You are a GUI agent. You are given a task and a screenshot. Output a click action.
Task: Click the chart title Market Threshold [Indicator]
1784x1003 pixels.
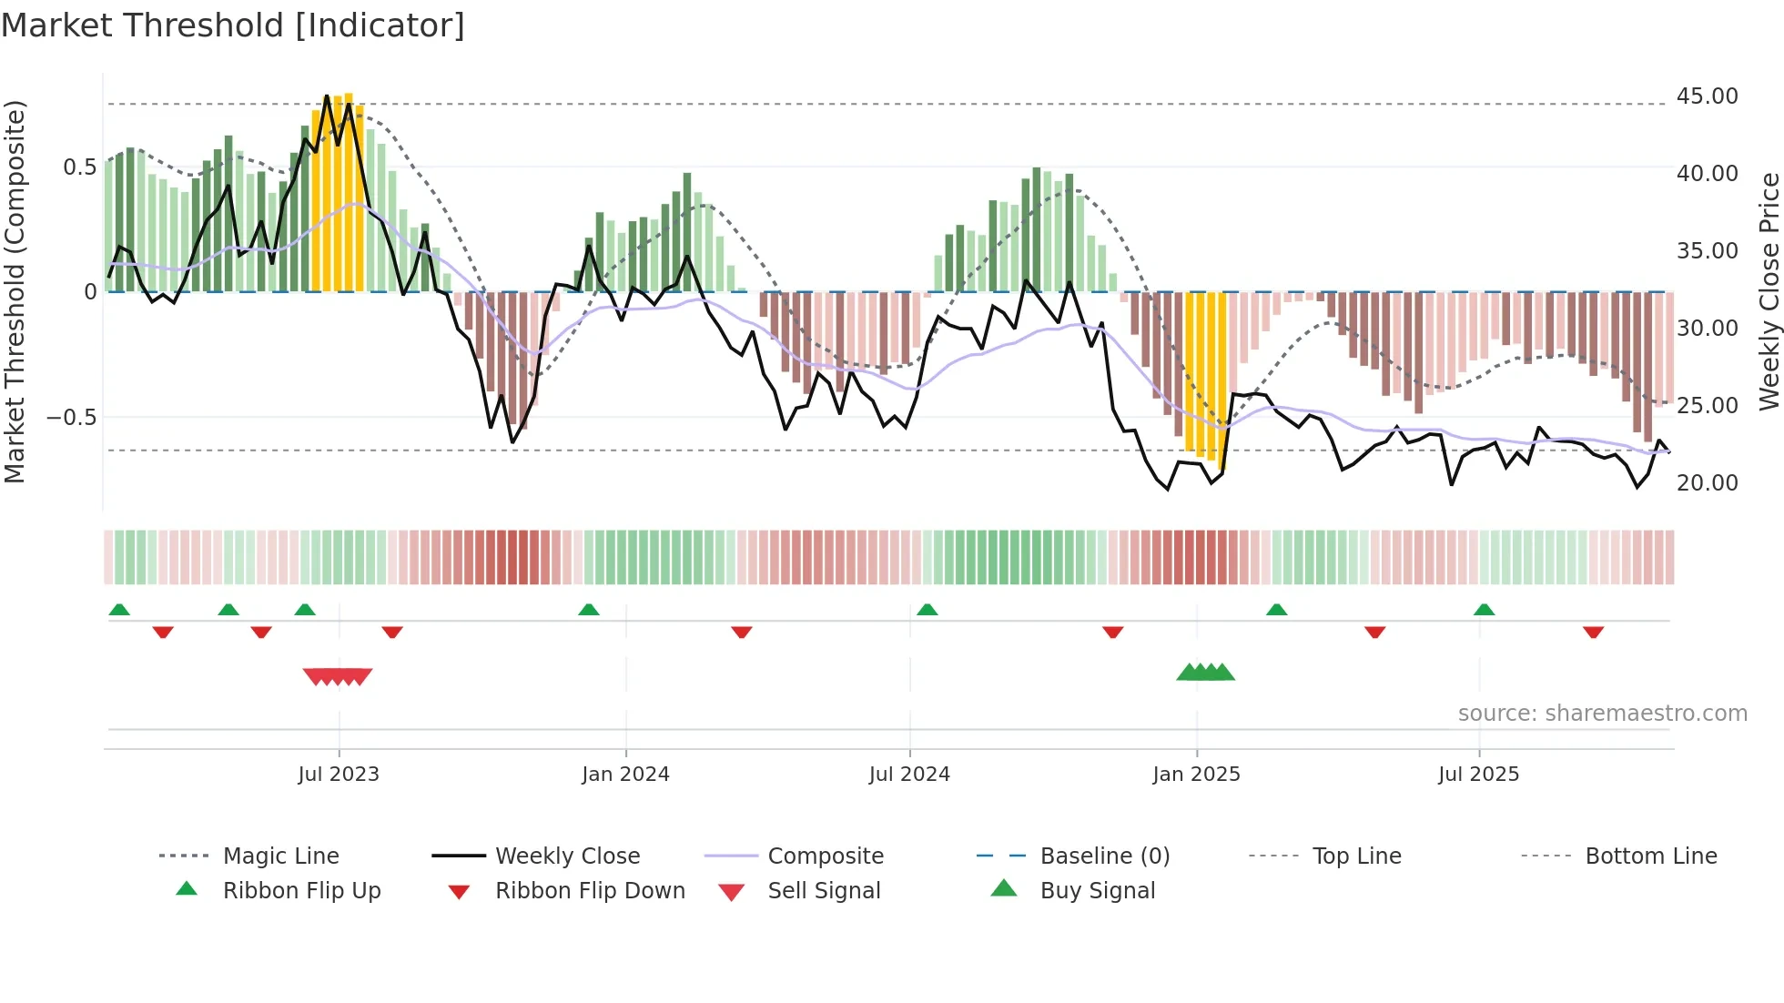pos(233,25)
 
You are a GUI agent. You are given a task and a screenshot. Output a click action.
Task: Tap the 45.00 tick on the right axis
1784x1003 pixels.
pos(1707,96)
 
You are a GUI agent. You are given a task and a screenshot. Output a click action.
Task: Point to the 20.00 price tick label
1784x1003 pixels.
pos(1707,483)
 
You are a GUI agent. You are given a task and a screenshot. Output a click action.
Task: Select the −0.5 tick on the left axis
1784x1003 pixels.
pos(71,418)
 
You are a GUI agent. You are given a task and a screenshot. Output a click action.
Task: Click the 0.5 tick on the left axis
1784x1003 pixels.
pos(79,167)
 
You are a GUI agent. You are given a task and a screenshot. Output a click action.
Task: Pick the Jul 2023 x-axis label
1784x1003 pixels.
pos(339,775)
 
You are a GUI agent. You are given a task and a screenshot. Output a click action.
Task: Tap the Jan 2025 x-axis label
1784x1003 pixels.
pos(1196,775)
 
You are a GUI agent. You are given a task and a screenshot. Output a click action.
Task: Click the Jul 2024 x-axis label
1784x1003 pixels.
pos(909,775)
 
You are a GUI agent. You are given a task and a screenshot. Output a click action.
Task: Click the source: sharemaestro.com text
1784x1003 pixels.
pos(1602,714)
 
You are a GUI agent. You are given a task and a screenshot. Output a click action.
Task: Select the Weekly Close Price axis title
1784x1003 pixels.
pos(1769,291)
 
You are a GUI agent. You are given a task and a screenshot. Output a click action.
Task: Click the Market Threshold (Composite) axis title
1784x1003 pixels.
pos(15,291)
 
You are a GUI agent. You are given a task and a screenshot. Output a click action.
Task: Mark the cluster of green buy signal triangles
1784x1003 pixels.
pos(1205,673)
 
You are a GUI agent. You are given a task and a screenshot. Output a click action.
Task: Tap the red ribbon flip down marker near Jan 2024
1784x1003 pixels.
pos(742,632)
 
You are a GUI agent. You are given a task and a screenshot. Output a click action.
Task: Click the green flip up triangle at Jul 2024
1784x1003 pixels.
pos(927,610)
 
